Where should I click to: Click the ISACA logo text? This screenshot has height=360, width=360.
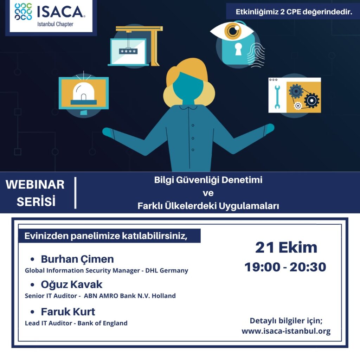60,12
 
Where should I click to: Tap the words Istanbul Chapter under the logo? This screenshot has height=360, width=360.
55,24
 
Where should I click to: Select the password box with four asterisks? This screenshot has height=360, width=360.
128,51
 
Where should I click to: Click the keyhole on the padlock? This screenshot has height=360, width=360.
239,49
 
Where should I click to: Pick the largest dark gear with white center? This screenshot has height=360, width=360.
311,100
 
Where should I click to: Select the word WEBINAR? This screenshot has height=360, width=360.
35,185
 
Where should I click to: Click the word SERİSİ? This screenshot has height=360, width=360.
36,201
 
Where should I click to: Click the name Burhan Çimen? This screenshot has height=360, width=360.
77,259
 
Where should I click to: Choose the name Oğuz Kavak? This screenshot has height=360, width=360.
72,284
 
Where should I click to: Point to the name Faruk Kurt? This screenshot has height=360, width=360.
68,312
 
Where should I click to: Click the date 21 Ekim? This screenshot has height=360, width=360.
286,247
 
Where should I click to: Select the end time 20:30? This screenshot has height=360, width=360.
308,267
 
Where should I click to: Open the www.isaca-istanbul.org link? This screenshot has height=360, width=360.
286,331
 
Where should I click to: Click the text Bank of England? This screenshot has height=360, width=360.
102,323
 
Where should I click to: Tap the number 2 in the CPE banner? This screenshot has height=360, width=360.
282,12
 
